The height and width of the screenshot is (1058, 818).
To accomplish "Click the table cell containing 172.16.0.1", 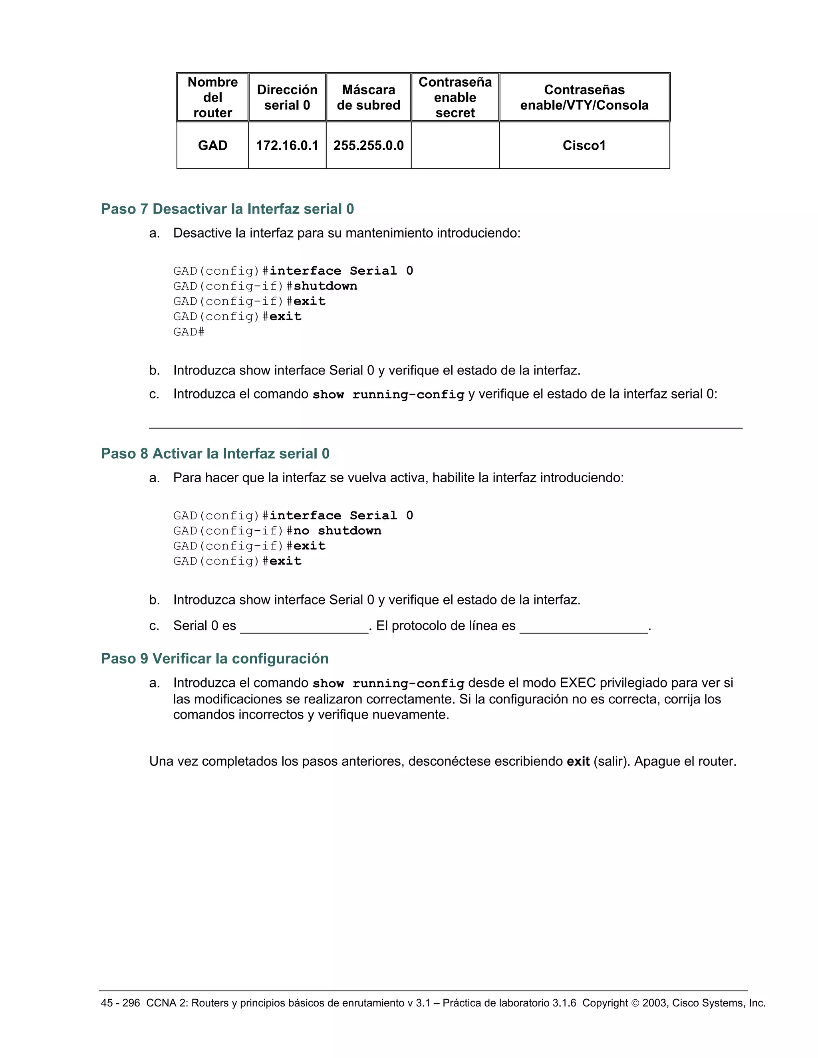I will point(287,145).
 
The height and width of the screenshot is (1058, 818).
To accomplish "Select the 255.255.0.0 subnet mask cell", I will point(368,145).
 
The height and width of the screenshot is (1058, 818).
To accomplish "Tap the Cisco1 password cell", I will point(584,145).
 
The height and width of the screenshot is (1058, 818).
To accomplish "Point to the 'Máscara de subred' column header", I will point(368,97).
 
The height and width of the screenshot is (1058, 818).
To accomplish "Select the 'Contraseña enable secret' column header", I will point(455,97).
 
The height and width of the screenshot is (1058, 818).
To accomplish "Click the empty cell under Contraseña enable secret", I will point(455,145).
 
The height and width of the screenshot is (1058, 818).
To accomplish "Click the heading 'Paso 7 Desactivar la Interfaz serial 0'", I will point(227,209).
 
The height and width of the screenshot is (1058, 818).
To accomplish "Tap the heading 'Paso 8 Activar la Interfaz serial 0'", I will point(215,454).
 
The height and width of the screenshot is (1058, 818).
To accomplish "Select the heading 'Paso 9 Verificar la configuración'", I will point(214,658).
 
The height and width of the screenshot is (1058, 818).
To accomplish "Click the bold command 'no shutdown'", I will point(337,531).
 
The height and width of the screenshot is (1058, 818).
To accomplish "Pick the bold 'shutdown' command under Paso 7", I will point(326,286).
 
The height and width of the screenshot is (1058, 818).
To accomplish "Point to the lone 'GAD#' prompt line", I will point(189,332).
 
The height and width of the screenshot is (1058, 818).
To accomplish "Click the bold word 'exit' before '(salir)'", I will point(578,761).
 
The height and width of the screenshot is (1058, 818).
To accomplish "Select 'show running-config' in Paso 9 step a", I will point(388,684).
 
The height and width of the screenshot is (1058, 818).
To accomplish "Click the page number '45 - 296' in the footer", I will point(120,1003).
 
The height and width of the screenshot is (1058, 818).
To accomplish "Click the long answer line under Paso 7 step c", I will point(445,427).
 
